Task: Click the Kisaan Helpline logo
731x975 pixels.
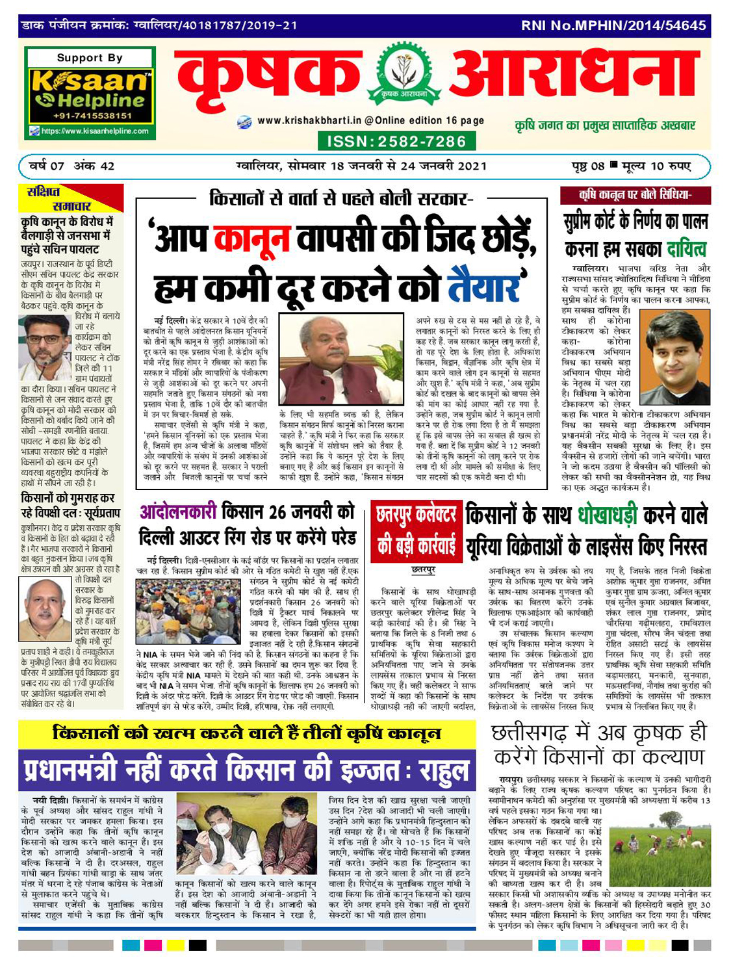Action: pyautogui.click(x=89, y=94)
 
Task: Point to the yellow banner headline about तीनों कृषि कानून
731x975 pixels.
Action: pyautogui.click(x=247, y=734)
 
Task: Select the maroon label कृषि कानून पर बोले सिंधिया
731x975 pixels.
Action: pyautogui.click(x=635, y=195)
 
